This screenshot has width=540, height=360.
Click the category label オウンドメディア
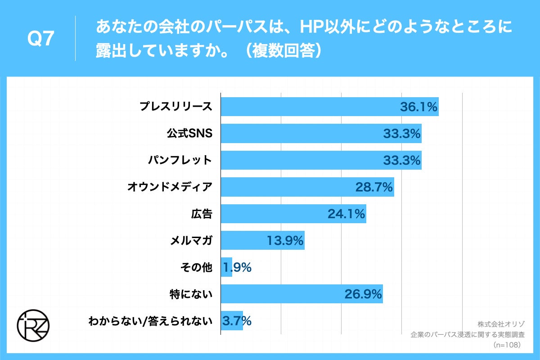click(170, 187)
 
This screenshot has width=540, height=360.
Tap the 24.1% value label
click(346, 213)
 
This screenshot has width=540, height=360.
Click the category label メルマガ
click(191, 240)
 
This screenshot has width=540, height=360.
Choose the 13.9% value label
click(285, 240)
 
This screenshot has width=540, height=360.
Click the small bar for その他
click(226, 267)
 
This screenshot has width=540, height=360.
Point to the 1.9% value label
click(237, 267)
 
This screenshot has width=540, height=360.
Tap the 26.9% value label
click(363, 294)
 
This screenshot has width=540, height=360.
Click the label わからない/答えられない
click(150, 321)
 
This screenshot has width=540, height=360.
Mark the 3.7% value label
click(237, 321)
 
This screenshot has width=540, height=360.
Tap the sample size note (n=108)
click(507, 345)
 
